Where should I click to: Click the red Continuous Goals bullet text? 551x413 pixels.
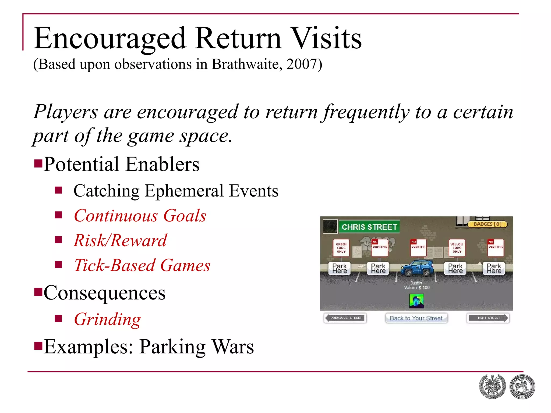[140, 216]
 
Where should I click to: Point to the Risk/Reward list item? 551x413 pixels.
[120, 240]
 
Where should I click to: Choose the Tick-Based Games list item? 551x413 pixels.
[142, 265]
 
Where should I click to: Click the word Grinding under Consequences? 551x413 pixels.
[107, 319]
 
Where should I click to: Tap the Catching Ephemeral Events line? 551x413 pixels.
[176, 191]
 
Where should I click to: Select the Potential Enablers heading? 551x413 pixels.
[121, 164]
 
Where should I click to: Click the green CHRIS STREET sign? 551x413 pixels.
[369, 227]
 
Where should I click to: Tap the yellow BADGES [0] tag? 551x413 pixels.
[487, 224]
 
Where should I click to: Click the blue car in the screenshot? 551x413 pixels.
[417, 268]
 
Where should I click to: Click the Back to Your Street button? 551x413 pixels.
[416, 318]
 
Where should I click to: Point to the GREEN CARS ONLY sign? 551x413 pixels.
[341, 248]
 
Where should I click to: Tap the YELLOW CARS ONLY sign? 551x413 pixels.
[457, 248]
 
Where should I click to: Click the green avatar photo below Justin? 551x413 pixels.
[416, 301]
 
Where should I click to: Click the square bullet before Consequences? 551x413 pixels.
[38, 292]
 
